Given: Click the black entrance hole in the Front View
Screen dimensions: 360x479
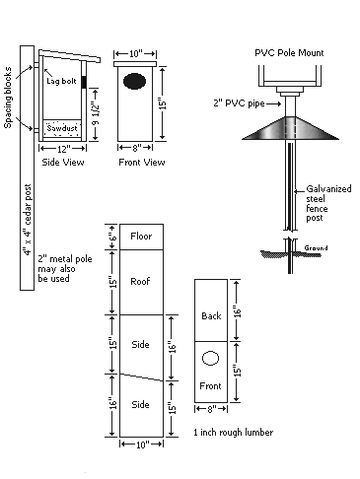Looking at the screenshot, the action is click(x=134, y=82).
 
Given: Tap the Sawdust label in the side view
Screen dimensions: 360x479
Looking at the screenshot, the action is click(x=62, y=128).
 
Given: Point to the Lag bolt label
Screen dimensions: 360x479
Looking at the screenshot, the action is click(x=61, y=81).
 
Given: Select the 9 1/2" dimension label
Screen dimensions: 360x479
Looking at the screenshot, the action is click(x=95, y=114).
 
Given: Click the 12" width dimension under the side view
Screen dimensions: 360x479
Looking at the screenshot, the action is click(x=62, y=150).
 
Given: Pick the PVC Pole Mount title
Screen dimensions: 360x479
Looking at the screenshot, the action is click(x=289, y=53).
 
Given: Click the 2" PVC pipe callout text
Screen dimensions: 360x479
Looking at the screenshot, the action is click(x=239, y=103).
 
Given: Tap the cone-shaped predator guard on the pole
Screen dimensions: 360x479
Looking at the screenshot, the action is click(x=290, y=128).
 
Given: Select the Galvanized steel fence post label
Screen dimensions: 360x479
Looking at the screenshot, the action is click(x=328, y=203).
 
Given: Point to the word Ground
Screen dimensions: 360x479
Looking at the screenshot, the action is click(x=316, y=248).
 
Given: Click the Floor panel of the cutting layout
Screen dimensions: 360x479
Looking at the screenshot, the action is click(x=141, y=237).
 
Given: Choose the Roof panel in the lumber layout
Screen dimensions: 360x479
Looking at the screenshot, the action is click(x=141, y=282).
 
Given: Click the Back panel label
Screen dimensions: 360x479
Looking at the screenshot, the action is click(x=211, y=316).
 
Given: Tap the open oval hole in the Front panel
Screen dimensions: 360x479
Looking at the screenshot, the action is click(x=210, y=358).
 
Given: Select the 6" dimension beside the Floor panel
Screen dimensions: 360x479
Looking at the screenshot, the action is click(x=112, y=237).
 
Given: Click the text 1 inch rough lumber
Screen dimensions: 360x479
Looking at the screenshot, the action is click(x=233, y=433).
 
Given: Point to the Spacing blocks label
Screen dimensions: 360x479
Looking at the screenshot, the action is click(x=8, y=98).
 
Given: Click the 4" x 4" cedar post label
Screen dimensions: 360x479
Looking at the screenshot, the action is click(x=27, y=220).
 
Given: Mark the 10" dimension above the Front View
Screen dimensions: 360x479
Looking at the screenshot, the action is click(x=135, y=53).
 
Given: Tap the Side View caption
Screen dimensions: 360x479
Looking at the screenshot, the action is click(x=63, y=163).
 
